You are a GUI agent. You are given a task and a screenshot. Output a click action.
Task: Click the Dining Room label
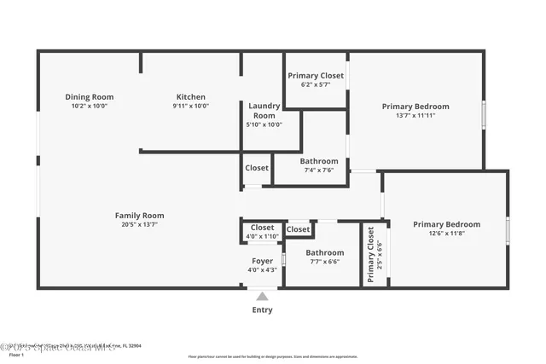[90, 96]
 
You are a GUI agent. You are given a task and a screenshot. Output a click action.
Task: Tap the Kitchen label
[190, 96]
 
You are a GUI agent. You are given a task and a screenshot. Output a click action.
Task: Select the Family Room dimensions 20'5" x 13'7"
[139, 224]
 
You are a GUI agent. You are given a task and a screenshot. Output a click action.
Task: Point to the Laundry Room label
[264, 110]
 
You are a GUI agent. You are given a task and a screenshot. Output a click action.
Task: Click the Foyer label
[262, 260]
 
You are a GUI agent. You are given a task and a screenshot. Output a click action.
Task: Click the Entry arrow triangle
[262, 297]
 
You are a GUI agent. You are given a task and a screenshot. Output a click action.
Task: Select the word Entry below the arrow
[262, 309]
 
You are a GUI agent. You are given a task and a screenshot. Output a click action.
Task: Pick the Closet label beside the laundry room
[257, 168]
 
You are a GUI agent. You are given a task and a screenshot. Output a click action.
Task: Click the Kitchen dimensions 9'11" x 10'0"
[190, 106]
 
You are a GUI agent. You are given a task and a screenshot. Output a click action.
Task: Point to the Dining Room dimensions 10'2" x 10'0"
[90, 106]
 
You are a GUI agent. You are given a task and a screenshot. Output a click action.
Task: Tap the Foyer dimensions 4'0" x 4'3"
[262, 270]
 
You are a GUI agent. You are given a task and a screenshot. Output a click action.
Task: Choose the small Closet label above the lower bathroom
[299, 229]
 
